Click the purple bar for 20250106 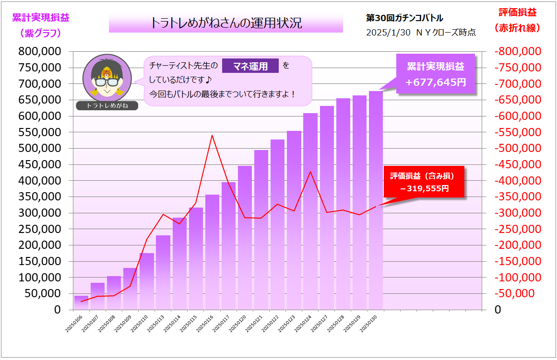click(x=81, y=302)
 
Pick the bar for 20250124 click(x=310, y=211)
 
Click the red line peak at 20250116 click(x=212, y=136)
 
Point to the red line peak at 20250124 click(x=310, y=172)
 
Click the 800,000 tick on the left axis click(x=40, y=51)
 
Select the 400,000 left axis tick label click(x=40, y=181)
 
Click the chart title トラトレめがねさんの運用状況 click(x=226, y=23)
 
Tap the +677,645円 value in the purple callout click(x=436, y=82)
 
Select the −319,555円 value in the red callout click(x=425, y=188)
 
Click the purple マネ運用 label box click(x=250, y=67)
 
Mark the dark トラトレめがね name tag click(x=107, y=105)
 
